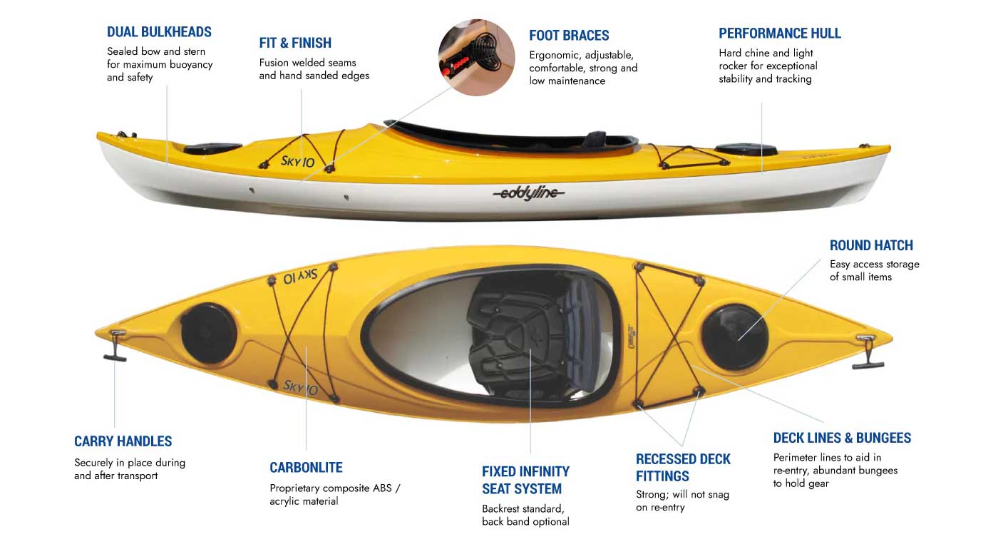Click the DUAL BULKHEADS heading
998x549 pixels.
click(159, 32)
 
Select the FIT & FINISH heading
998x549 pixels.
click(295, 43)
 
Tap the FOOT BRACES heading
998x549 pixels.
click(569, 36)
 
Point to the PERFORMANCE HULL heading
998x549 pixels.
click(779, 34)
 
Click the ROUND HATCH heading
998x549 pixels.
click(870, 245)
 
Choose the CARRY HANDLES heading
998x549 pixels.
click(123, 441)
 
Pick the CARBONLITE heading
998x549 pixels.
click(306, 468)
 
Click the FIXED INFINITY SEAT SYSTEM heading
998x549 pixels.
click(525, 480)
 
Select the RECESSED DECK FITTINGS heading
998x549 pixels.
click(683, 468)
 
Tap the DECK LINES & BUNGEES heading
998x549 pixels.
click(842, 438)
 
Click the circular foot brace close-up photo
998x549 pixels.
click(476, 58)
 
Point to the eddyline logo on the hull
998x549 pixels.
click(528, 193)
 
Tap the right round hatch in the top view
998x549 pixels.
click(735, 337)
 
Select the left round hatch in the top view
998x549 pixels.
click(208, 333)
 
